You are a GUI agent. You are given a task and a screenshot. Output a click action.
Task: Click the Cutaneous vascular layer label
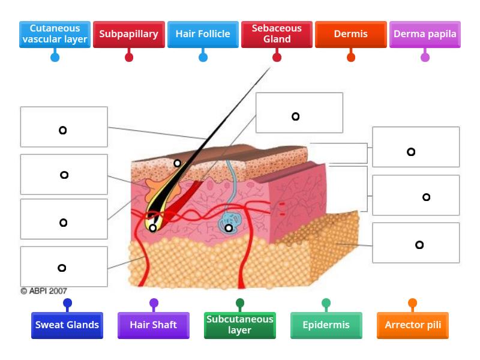tap(55, 34)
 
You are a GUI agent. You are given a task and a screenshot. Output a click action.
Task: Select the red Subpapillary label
tap(128, 34)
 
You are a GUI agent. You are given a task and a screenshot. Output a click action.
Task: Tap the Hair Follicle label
tap(203, 34)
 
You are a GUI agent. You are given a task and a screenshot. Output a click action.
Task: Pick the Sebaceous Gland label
tap(277, 34)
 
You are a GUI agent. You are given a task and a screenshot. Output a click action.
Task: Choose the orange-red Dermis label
tap(351, 34)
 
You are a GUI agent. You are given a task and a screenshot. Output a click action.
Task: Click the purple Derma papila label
tap(425, 34)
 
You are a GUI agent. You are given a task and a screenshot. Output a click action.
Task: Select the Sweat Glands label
tap(67, 325)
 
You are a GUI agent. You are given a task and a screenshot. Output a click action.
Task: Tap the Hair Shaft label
tap(154, 325)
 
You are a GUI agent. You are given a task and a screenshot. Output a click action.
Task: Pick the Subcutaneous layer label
tap(240, 325)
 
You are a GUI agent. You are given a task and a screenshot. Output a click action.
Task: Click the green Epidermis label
tap(326, 325)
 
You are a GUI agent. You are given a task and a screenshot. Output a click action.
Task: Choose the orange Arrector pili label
tap(412, 325)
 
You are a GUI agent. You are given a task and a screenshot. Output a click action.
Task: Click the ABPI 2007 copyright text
tap(44, 291)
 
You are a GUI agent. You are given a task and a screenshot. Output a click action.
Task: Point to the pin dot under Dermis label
tap(351, 58)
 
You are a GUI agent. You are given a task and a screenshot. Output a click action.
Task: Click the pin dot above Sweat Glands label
tap(67, 303)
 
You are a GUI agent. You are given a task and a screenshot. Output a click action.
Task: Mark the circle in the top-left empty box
tap(62, 130)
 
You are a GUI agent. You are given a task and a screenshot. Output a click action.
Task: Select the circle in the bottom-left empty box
tap(62, 268)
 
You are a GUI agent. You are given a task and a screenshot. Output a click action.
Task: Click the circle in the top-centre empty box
tap(295, 116)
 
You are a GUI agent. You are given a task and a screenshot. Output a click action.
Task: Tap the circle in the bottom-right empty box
tap(419, 245)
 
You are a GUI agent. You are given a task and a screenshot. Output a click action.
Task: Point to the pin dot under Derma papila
tap(425, 58)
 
